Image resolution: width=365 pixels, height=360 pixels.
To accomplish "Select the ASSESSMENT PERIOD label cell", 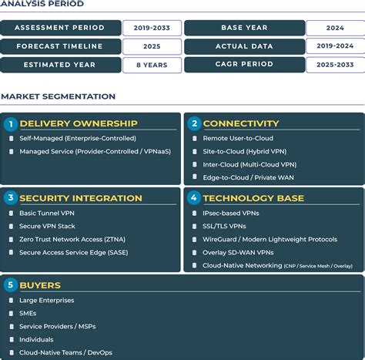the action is point(60,28).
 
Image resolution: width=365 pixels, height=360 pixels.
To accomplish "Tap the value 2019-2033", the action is point(152,28).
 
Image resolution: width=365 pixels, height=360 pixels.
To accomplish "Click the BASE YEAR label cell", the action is point(243,28).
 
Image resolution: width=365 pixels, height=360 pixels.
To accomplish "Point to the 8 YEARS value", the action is point(152,65).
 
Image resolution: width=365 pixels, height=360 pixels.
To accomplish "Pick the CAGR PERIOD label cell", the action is point(243,65).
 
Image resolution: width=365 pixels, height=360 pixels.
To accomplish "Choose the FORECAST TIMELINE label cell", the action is point(60,46).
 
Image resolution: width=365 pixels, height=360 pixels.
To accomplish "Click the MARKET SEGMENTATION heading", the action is point(59,96).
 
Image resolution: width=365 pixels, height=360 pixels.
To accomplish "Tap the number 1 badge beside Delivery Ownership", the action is point(10,123).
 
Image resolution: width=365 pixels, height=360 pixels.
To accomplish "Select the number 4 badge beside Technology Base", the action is point(194,198).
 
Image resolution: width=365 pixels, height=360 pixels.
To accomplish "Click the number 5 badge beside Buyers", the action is point(10,285).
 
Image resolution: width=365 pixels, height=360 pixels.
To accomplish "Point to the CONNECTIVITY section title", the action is point(240,123).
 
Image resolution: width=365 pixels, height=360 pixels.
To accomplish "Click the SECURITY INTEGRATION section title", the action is point(81,198).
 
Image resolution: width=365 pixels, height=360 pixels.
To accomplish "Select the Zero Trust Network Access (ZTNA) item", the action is point(72,239).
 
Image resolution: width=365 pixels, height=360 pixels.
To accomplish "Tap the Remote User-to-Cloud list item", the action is point(238,139).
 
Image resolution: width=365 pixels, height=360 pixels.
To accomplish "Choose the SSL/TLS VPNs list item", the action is point(224,226).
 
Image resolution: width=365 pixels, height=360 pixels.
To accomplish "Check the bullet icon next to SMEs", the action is point(12,314).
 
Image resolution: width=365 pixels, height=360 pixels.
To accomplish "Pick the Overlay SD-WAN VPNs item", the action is point(238,252).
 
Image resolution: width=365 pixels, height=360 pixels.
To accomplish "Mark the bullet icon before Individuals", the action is point(12,340).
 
